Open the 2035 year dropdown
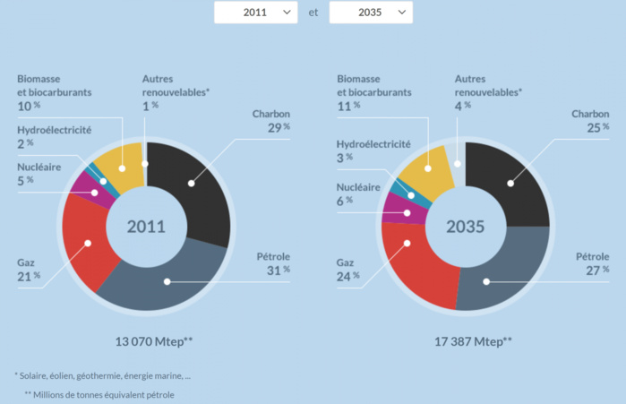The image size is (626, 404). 371,13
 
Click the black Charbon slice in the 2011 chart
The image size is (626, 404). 192,184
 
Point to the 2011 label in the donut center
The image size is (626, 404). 145,226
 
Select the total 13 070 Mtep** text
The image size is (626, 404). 153,341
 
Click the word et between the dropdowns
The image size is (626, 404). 313,13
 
